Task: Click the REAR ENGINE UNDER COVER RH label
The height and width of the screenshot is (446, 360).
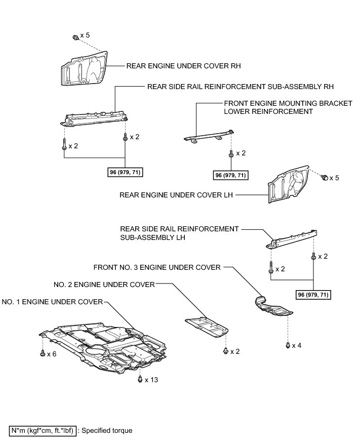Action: coord(183,66)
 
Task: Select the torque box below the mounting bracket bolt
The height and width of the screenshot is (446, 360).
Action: coord(231,175)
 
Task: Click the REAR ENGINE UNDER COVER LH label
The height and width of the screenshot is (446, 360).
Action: coord(176,194)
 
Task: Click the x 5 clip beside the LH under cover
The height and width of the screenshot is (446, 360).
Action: coord(325,178)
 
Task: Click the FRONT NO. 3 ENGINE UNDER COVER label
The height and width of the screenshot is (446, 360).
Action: coord(157,267)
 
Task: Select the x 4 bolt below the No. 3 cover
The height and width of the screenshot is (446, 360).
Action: coord(288,345)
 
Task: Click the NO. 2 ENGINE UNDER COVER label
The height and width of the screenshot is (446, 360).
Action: coord(104,285)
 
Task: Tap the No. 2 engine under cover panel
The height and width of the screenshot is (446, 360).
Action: coord(206,327)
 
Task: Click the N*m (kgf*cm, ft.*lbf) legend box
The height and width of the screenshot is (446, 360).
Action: coord(43,431)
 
